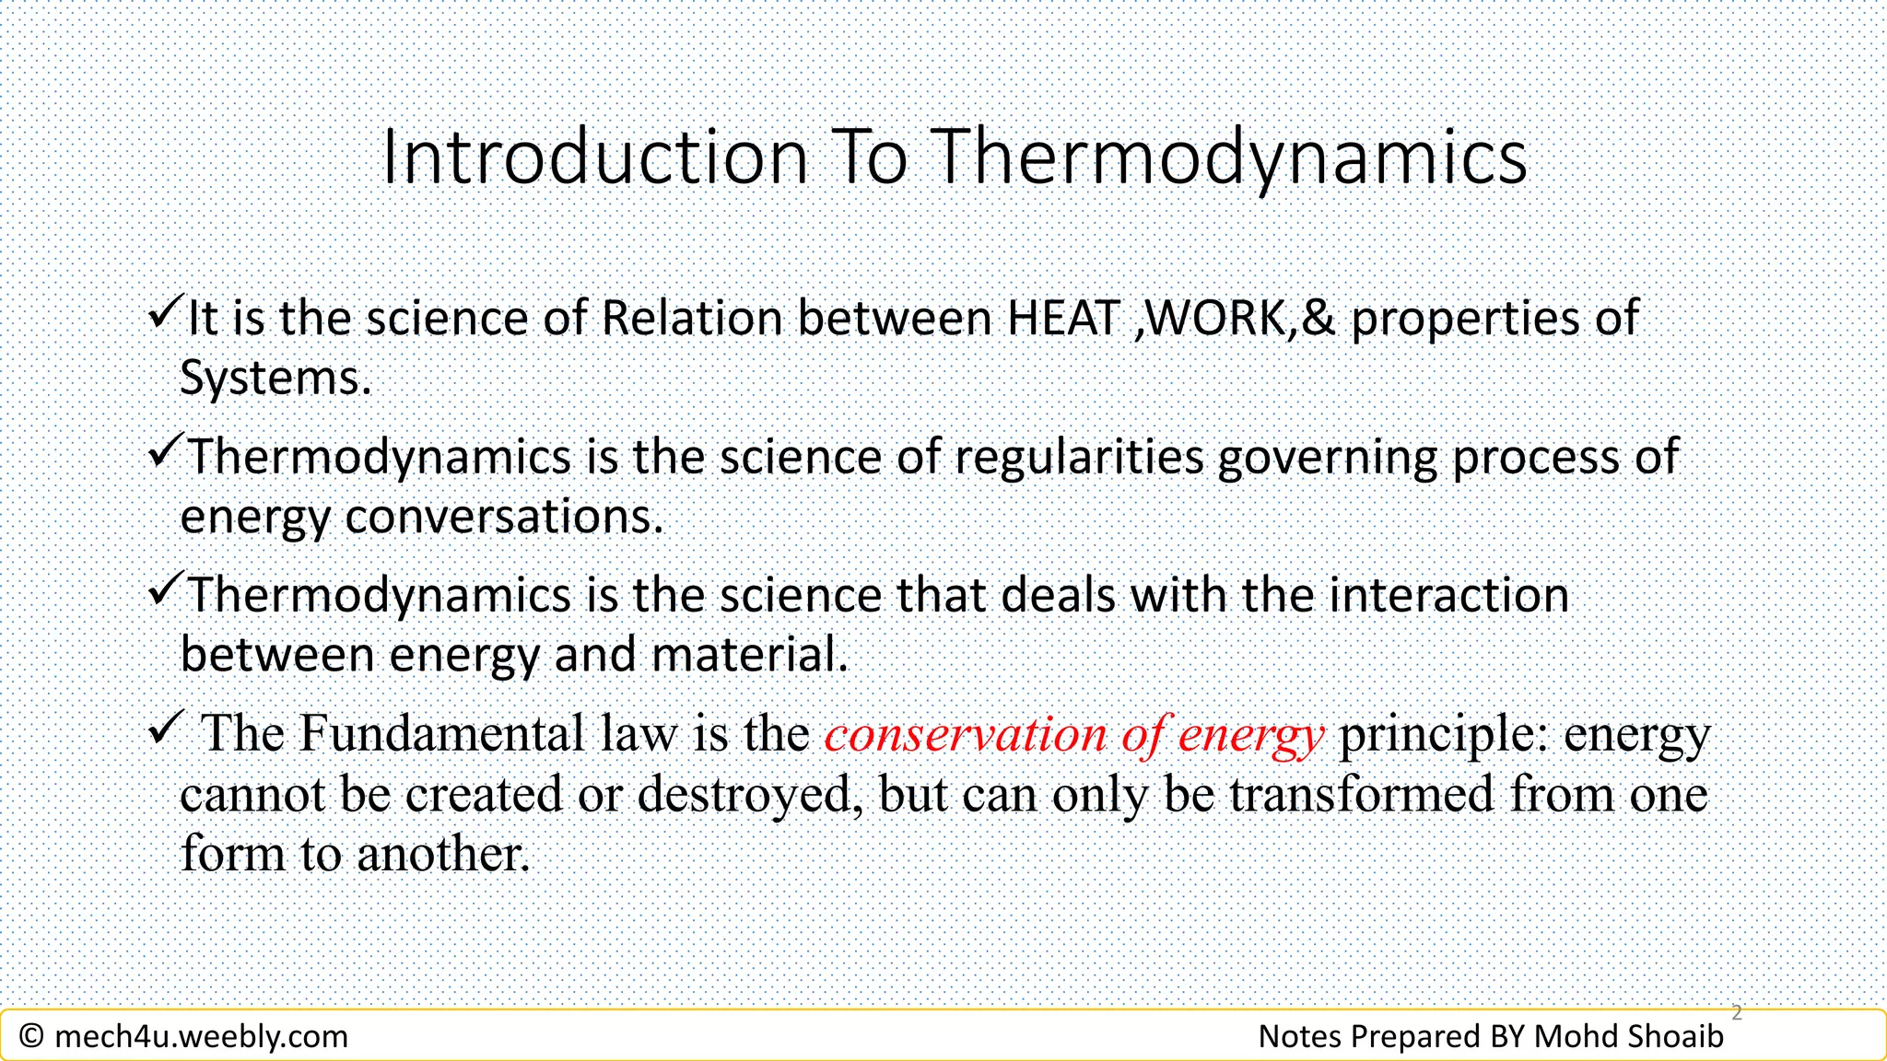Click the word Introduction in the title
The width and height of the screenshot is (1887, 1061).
coord(594,158)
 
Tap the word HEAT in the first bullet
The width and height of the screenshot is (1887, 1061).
coord(1063,319)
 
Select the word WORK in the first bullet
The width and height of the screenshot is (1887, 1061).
coord(1217,319)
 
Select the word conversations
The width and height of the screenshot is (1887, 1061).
coord(503,517)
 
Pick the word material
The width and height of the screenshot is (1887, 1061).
coord(748,656)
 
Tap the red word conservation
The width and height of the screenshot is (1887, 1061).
coord(965,735)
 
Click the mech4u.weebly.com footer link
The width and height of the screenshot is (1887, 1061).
coord(201,1037)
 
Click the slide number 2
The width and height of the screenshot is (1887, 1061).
coord(1737,1013)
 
